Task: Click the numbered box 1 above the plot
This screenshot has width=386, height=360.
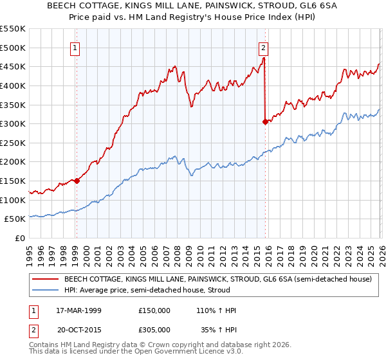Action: coord(76,47)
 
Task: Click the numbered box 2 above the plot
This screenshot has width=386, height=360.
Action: coord(264,47)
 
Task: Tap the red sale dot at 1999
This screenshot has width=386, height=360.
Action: coord(77,181)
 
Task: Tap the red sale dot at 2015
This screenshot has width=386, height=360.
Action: coord(265,122)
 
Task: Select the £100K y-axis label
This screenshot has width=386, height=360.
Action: coord(14,200)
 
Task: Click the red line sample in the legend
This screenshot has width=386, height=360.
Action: coord(45,280)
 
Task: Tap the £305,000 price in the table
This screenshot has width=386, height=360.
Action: coord(154,329)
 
